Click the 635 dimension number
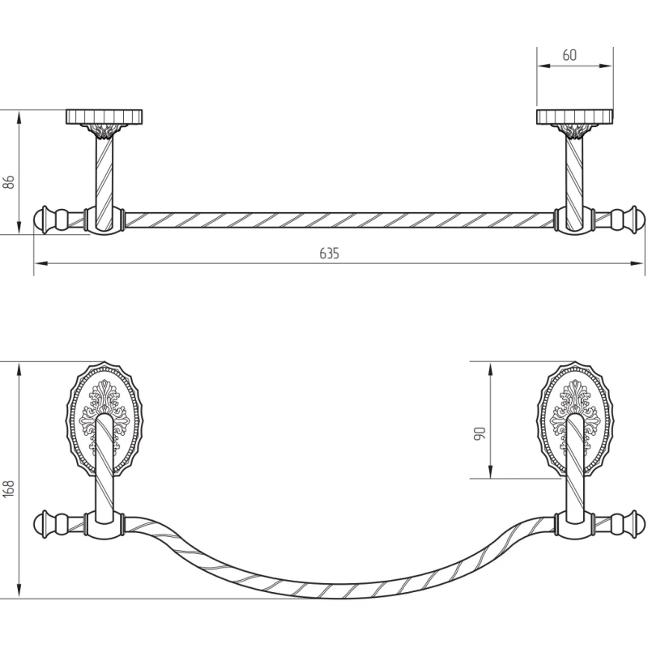(x=329, y=253)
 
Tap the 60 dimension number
(x=569, y=55)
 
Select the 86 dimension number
(x=9, y=181)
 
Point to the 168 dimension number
(x=9, y=488)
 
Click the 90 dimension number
(x=480, y=433)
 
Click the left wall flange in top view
(x=104, y=117)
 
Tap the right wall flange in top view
(x=574, y=117)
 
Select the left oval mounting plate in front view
(x=104, y=420)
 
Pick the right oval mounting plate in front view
(x=575, y=420)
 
